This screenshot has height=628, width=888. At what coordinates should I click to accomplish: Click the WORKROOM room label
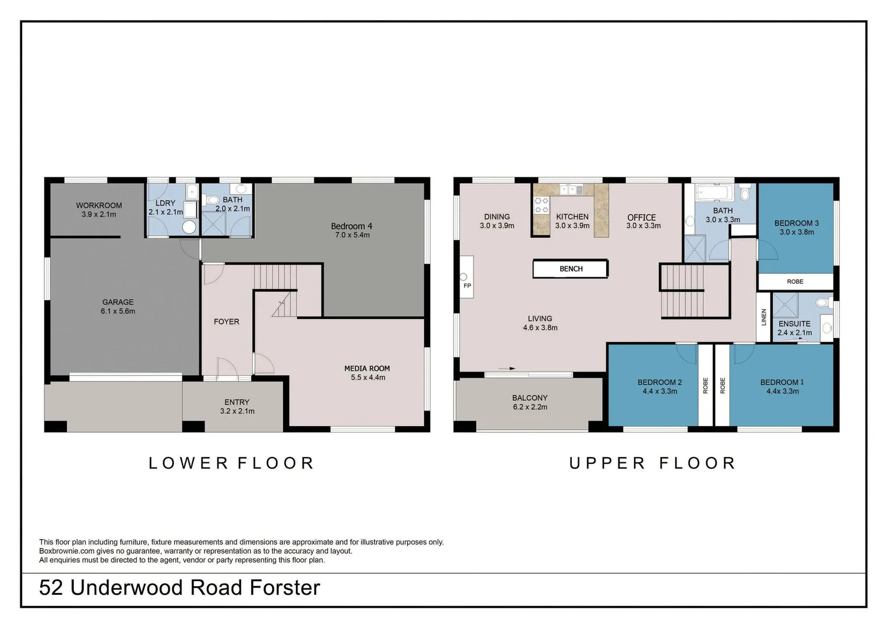tap(99, 205)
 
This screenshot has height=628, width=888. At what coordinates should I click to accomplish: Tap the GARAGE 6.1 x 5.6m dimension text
tap(118, 311)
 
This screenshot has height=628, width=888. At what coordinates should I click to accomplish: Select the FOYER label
tap(226, 322)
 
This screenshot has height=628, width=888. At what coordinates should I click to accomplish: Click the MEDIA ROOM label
tap(367, 368)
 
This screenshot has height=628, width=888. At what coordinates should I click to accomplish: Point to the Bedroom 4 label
tap(352, 226)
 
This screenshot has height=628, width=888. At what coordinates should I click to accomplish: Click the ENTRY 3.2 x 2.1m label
tap(237, 406)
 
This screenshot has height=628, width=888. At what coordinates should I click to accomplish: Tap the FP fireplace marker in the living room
tap(467, 286)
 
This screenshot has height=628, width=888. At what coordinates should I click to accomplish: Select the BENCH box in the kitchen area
tap(571, 269)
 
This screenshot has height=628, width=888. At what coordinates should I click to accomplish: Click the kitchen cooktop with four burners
tap(542, 205)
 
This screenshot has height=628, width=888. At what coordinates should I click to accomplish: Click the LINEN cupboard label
tap(764, 317)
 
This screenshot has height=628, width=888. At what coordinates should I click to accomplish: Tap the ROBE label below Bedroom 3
tap(795, 281)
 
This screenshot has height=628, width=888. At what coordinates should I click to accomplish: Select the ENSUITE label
tap(794, 324)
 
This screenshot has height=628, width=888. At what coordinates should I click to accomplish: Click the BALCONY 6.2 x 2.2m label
tap(530, 402)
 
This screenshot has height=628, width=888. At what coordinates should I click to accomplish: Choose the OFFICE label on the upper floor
tap(642, 217)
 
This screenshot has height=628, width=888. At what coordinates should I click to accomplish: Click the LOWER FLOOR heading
tap(231, 463)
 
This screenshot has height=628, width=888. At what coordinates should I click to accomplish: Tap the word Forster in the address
tap(285, 588)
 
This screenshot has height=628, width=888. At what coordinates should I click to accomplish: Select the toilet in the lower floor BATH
tap(212, 200)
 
